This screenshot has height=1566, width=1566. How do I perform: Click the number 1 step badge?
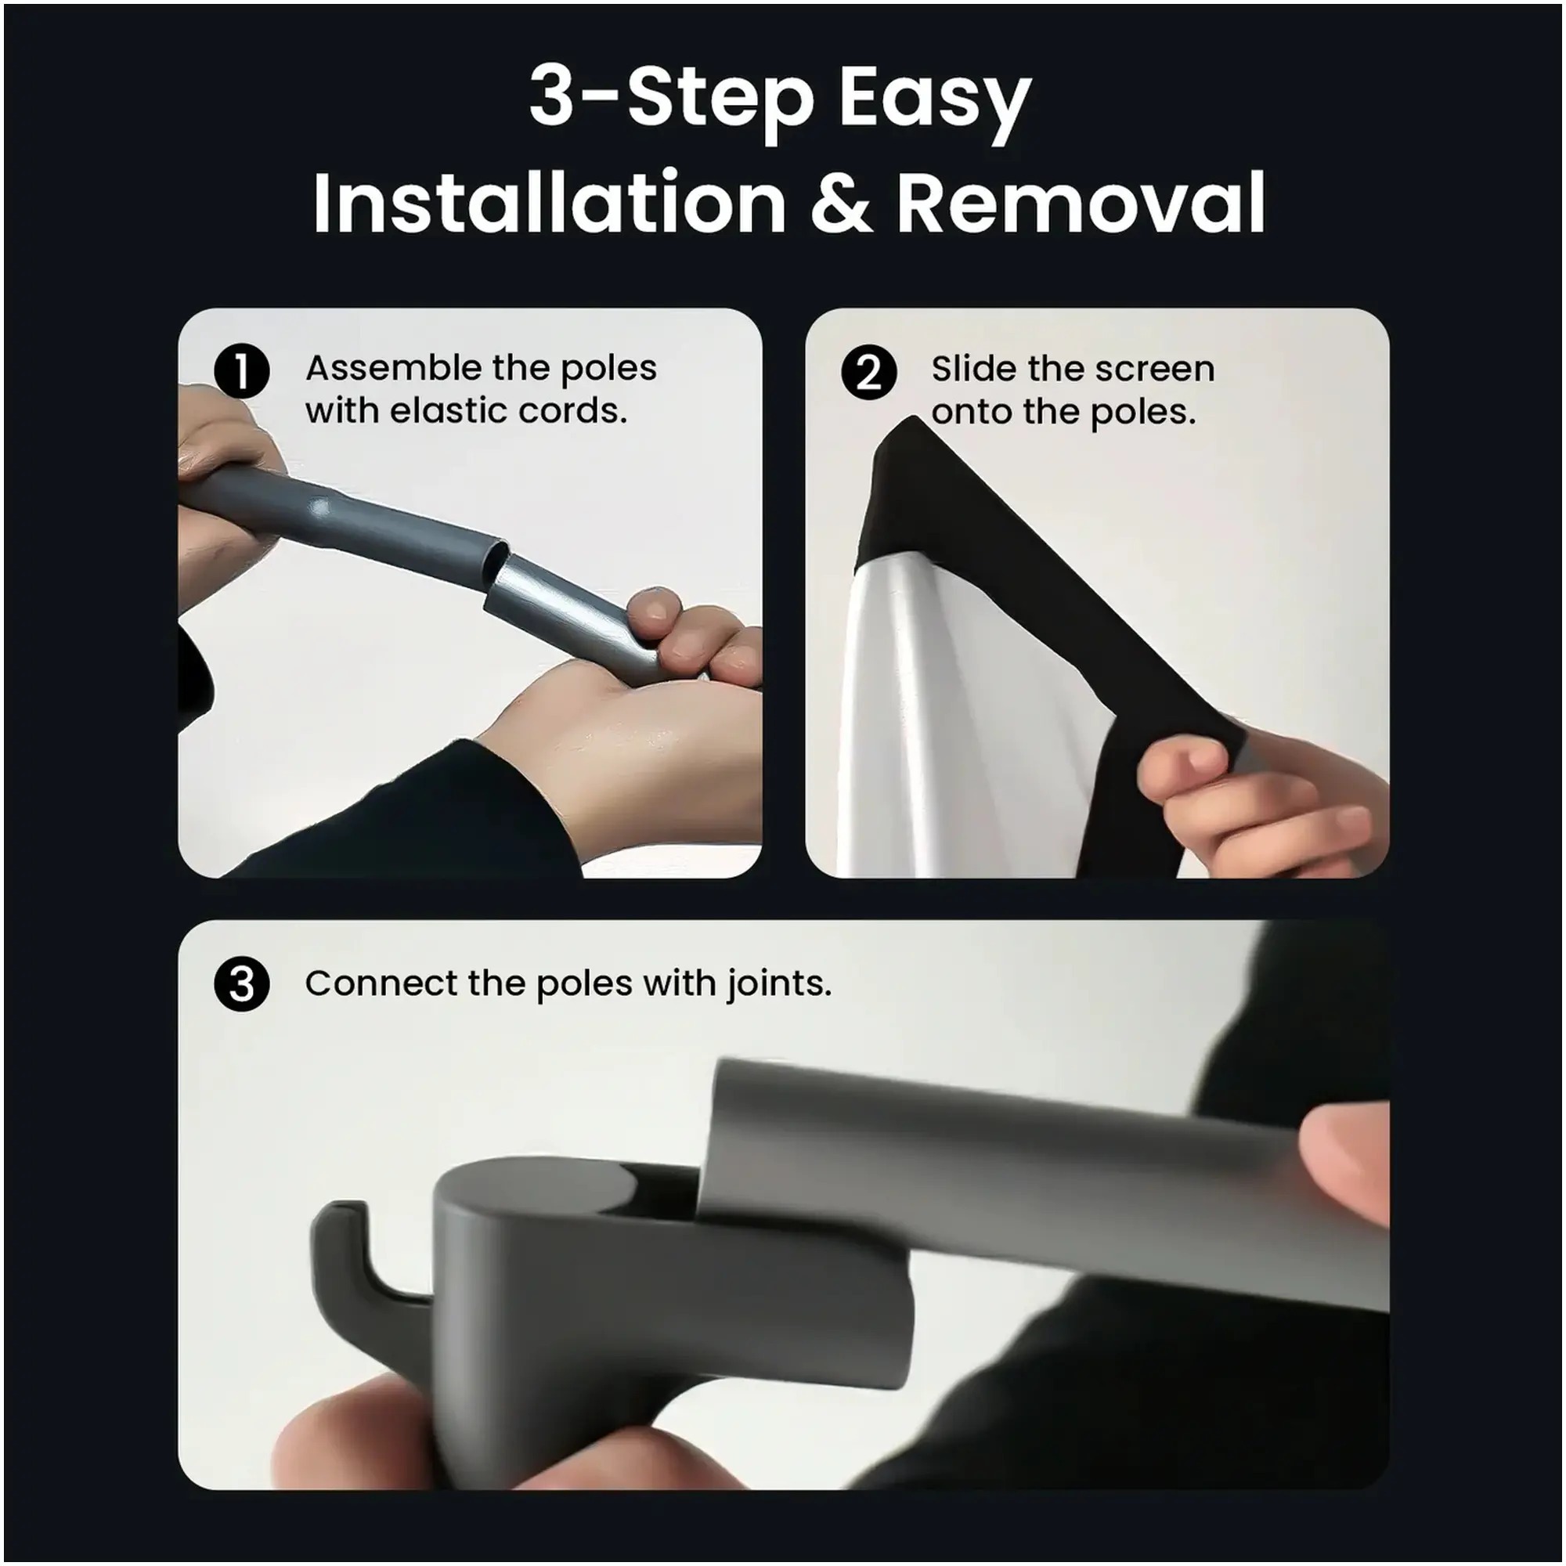point(241,372)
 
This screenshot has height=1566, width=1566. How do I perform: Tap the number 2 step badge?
point(869,373)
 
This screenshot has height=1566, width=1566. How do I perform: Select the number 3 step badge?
point(241,984)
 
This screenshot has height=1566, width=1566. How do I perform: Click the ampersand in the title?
point(839,203)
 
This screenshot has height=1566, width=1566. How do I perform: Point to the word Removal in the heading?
point(1081,202)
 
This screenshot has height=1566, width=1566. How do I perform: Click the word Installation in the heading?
point(550,202)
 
